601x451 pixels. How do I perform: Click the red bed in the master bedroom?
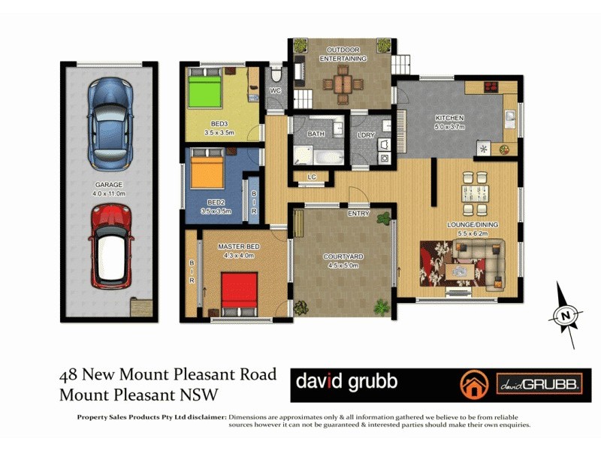click(x=240, y=294)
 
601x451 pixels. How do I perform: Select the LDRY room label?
click(x=366, y=135)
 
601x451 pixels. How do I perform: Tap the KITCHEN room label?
click(x=450, y=118)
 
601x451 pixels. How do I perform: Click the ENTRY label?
click(x=358, y=214)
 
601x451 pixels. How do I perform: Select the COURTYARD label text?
click(x=341, y=257)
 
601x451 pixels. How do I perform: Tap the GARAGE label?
click(x=109, y=184)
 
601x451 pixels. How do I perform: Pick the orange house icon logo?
click(x=473, y=384)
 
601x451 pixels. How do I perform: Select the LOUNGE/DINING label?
click(x=473, y=225)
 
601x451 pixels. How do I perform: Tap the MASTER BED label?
click(x=238, y=247)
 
